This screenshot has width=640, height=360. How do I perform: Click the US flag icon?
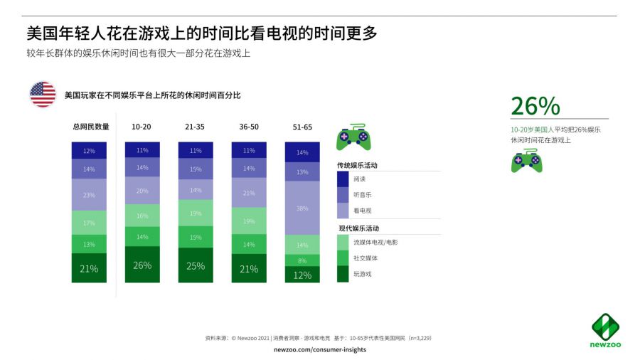coord(43,94)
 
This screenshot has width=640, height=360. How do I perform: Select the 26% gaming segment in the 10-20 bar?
coord(142,265)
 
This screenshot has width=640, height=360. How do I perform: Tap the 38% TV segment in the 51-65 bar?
coord(303,208)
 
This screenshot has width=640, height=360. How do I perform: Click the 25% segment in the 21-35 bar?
coord(196,265)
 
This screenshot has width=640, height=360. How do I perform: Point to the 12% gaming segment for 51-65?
coord(303,275)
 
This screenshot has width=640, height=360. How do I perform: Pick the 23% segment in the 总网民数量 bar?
coord(89,195)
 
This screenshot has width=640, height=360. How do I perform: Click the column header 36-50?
coord(249,127)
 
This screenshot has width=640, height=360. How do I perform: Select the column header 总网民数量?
coord(91,127)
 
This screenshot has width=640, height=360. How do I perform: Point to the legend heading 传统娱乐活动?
coord(358,165)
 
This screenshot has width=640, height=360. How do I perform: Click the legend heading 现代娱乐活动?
coord(358,228)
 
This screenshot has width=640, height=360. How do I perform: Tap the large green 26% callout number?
coord(535,106)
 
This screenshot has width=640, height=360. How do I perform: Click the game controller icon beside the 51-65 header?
coord(354,136)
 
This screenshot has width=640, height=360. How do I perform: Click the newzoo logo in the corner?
coord(605,330)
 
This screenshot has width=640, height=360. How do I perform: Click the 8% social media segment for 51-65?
coord(303,260)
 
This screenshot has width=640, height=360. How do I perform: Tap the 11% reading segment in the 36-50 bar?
coord(249,150)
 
